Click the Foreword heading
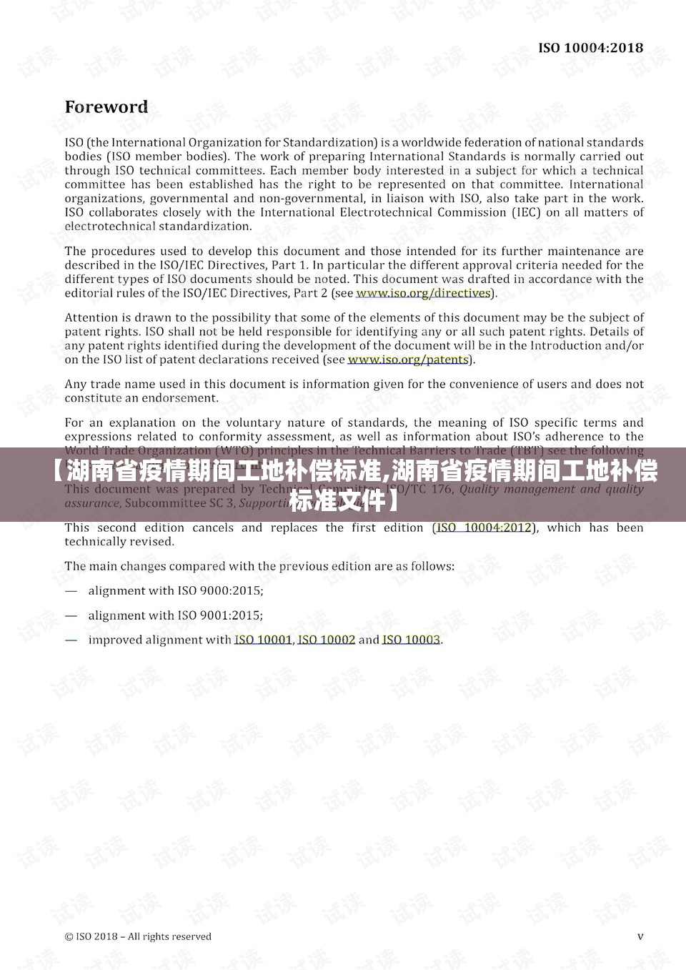(x=106, y=107)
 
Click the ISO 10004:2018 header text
(x=590, y=48)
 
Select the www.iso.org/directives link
(x=423, y=293)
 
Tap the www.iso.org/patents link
(x=408, y=360)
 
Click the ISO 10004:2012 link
(x=484, y=528)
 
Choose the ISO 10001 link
(x=263, y=640)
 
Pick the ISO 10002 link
(x=326, y=640)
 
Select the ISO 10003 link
(x=411, y=640)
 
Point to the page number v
(x=640, y=936)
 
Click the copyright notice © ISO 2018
(x=138, y=936)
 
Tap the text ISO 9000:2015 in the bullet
(x=220, y=590)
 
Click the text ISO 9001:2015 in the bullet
(x=220, y=615)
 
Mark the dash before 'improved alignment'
(x=71, y=640)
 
